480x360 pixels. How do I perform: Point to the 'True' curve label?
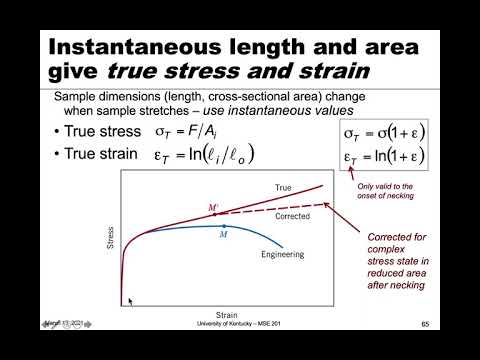tap(283, 187)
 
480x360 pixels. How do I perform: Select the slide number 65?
tap(424, 324)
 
